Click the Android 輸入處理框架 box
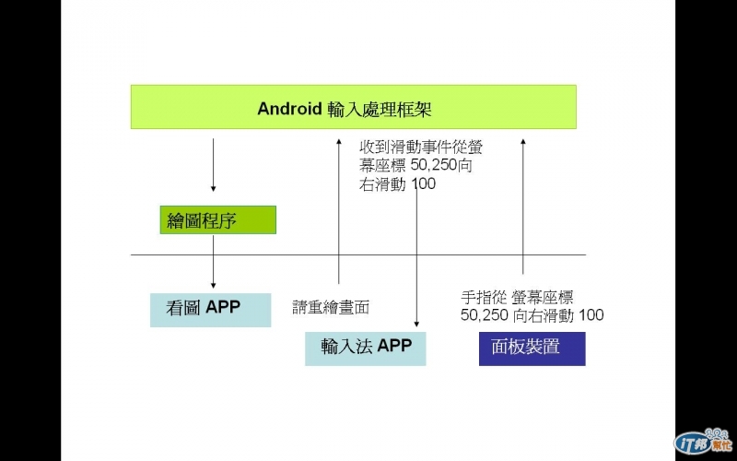point(353,107)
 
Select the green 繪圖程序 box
point(217,220)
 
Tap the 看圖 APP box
point(210,310)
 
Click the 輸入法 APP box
point(365,349)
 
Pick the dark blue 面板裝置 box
point(532,349)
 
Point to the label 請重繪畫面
point(331,308)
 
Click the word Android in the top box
point(289,109)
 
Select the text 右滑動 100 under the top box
point(398,183)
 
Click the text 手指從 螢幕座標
point(517,298)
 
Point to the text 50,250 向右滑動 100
point(532,315)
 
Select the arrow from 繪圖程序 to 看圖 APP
point(213,262)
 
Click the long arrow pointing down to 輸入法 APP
point(417,258)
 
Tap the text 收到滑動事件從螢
point(420,147)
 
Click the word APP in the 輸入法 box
point(393,347)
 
